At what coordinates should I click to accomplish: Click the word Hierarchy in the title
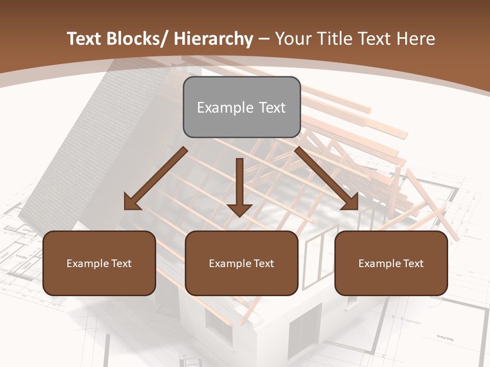pyautogui.click(x=213, y=39)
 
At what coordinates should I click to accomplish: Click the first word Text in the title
pyautogui.click(x=85, y=39)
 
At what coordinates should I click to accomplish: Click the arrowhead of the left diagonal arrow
pyautogui.click(x=132, y=203)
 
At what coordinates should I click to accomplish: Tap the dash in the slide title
pyautogui.click(x=264, y=39)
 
